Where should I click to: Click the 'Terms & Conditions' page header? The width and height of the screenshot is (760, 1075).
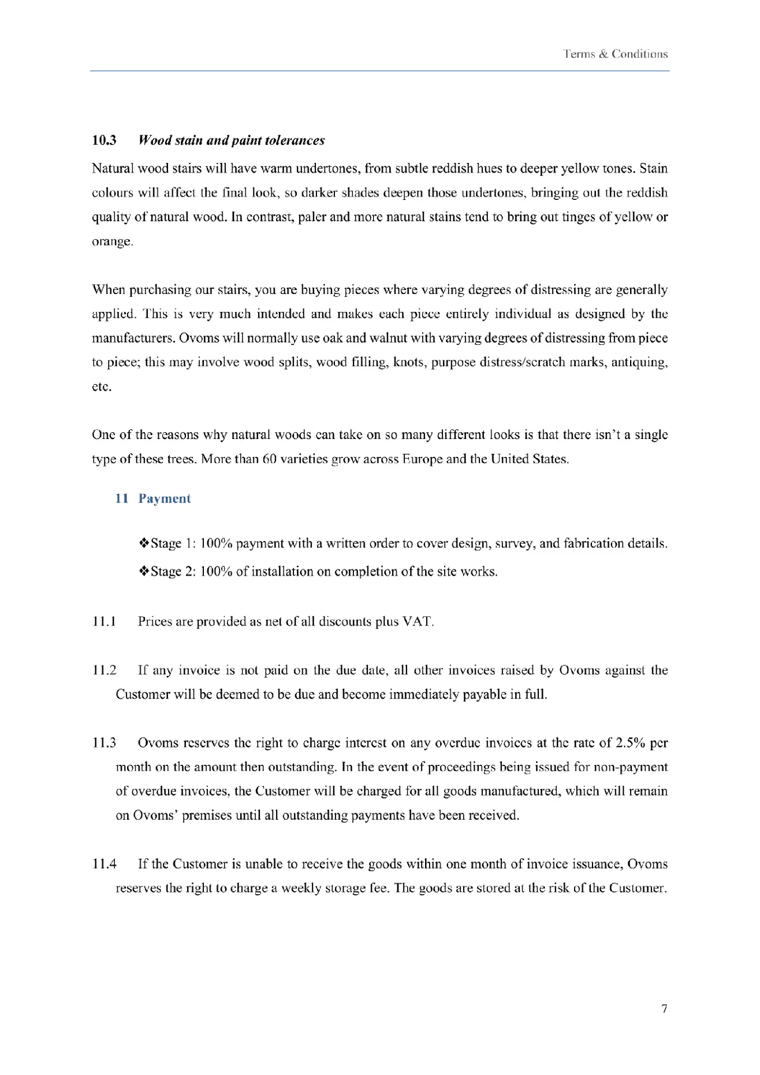(615, 54)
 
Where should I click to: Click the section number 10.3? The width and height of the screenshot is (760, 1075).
(104, 140)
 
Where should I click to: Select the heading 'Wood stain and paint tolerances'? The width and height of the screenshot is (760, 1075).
(232, 140)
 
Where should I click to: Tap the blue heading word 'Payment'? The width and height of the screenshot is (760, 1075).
(165, 499)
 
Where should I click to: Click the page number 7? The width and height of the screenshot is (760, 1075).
(665, 1009)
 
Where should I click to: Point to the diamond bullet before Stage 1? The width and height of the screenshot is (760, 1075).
(144, 543)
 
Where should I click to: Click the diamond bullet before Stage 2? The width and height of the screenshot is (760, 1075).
(144, 571)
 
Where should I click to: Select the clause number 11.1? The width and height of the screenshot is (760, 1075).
(104, 622)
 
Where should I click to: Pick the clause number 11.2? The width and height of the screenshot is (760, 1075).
(104, 670)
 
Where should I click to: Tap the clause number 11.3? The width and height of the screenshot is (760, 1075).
(104, 743)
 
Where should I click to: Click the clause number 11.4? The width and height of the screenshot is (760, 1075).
(104, 864)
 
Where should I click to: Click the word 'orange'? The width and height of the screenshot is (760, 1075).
(112, 241)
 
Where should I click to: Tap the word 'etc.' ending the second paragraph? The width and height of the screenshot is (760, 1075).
(102, 387)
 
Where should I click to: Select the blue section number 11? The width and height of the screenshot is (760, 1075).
(122, 499)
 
